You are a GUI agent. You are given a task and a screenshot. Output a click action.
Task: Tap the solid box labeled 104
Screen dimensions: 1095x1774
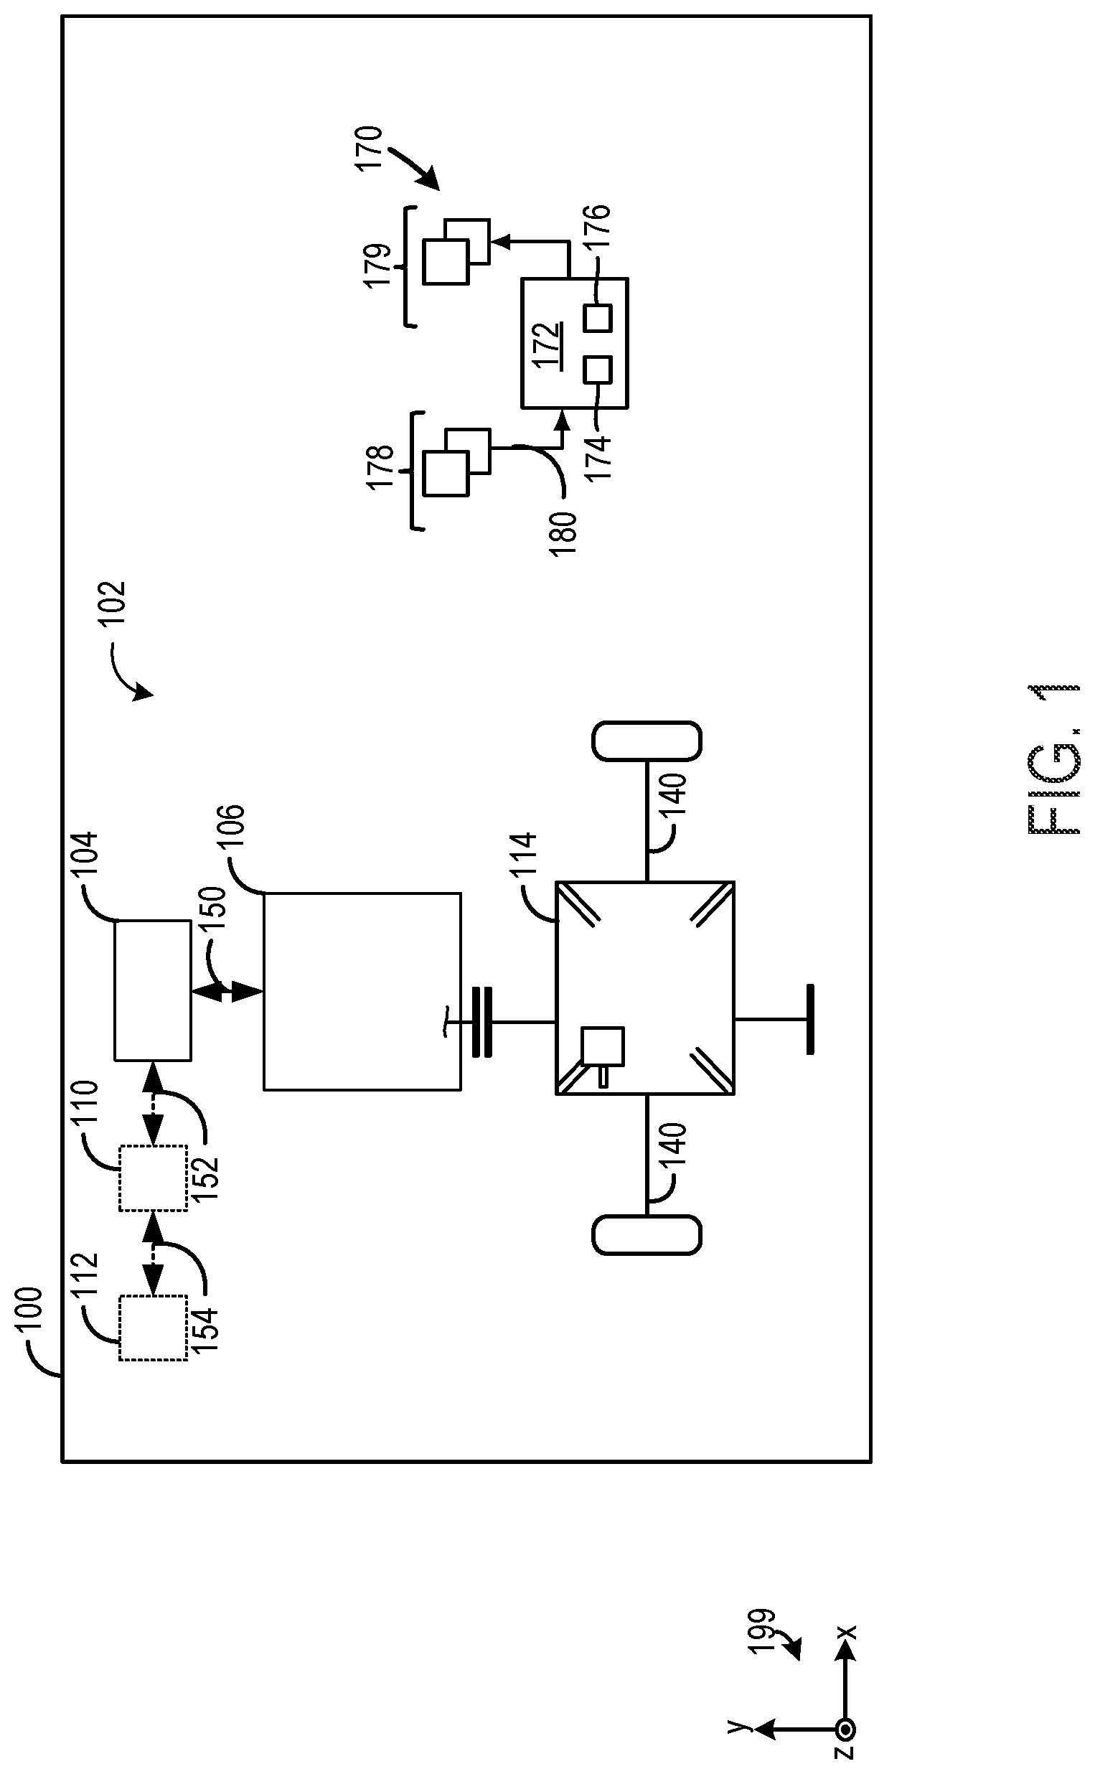pyautogui.click(x=153, y=990)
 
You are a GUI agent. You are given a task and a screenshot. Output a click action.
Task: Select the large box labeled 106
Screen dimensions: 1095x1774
pyautogui.click(x=362, y=991)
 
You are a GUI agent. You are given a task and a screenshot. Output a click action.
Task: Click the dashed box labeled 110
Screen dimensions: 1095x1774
pyautogui.click(x=153, y=1178)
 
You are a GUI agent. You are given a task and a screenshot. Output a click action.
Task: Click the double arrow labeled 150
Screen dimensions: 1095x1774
pyautogui.click(x=226, y=992)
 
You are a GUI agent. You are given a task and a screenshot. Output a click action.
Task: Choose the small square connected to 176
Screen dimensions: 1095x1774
pyautogui.click(x=598, y=318)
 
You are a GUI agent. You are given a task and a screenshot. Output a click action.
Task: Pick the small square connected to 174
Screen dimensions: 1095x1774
pyautogui.click(x=598, y=370)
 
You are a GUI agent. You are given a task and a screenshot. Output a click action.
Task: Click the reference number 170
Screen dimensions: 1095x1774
pyautogui.click(x=369, y=149)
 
